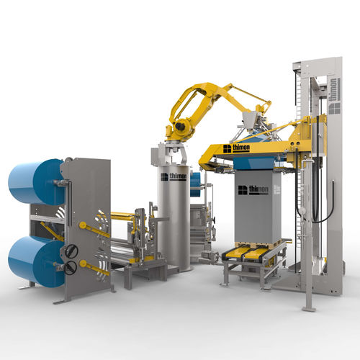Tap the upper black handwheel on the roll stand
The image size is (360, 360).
pyautogui.click(x=71, y=251)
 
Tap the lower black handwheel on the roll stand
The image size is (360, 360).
pyautogui.click(x=71, y=267)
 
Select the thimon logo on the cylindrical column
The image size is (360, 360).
pyautogui.click(x=174, y=176)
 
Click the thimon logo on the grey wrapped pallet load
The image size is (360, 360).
pyautogui.click(x=252, y=190)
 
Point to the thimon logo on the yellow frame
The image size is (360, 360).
pyautogui.click(x=236, y=148)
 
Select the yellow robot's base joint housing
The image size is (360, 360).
pyautogui.click(x=179, y=129)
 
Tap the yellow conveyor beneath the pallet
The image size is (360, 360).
pyautogui.click(x=252, y=253)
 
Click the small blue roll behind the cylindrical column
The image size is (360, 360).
pyautogui.click(x=195, y=182)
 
